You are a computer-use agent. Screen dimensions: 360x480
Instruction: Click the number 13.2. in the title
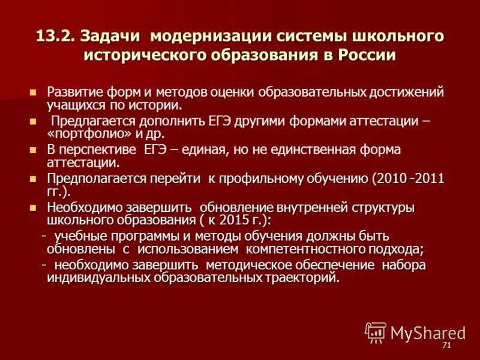coord(55,36)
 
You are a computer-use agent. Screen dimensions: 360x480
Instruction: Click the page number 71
coord(446,346)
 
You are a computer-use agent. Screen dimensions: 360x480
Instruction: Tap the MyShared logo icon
coord(376,332)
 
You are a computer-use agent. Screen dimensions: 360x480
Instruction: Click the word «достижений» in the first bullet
coord(405,92)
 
